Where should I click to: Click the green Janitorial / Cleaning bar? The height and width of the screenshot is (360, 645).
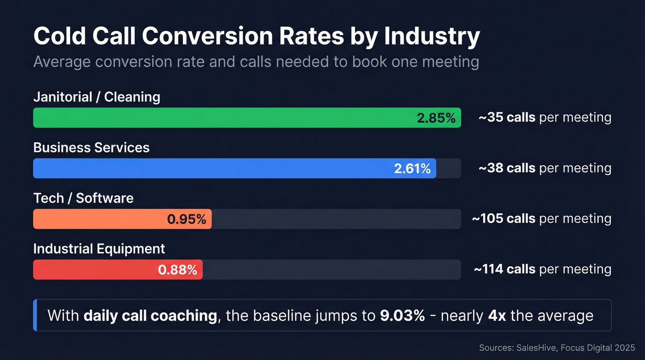[x=221, y=118]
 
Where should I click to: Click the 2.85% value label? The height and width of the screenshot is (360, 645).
[x=436, y=118]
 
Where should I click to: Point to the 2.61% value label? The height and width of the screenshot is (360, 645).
[x=412, y=169]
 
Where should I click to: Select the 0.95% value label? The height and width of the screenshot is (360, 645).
[x=186, y=219]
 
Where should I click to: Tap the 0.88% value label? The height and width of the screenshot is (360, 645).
[x=177, y=270]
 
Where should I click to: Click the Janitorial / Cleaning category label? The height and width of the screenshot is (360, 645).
[x=97, y=97]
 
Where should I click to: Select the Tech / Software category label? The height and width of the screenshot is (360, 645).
[x=83, y=198]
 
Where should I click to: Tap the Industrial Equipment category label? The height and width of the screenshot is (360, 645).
[x=99, y=249]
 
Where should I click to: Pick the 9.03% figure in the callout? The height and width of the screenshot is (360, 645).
[x=402, y=316]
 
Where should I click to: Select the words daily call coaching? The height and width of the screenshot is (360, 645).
[x=150, y=316]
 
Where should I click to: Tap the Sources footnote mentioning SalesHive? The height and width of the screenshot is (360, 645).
[x=557, y=348]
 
